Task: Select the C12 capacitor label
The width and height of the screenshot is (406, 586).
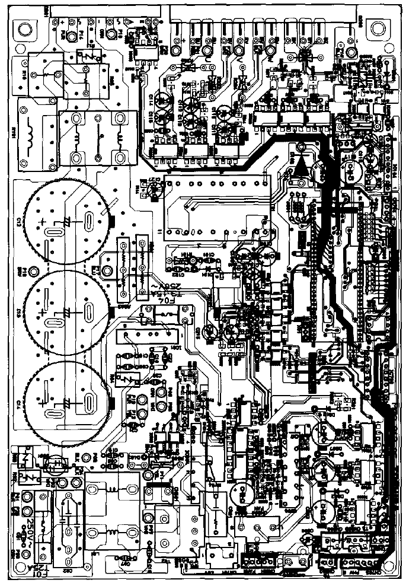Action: (x=20, y=222)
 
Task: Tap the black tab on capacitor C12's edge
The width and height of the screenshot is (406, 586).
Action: (x=111, y=222)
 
